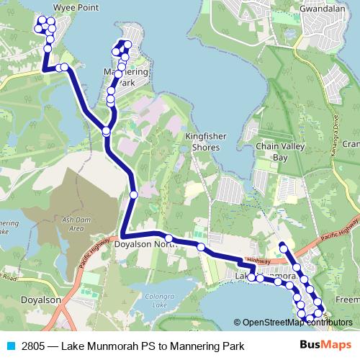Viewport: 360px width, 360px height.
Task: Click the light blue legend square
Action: (x=10, y=346)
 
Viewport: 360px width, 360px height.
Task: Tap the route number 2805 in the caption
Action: (x=34, y=346)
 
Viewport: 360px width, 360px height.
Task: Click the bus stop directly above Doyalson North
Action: (x=134, y=194)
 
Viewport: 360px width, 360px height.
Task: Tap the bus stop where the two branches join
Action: (x=107, y=131)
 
